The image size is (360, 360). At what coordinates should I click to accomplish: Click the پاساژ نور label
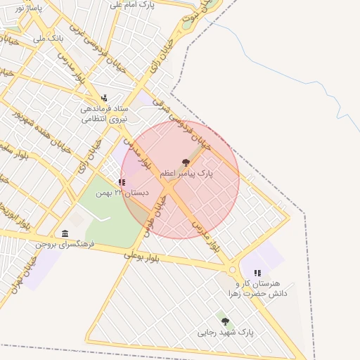point(28,8)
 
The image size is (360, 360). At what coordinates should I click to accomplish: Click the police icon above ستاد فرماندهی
point(104,98)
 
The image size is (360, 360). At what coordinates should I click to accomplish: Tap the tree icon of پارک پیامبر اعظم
point(186,162)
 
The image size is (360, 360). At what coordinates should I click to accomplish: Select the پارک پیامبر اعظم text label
point(186,173)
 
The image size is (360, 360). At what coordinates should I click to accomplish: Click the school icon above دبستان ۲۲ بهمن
point(122,182)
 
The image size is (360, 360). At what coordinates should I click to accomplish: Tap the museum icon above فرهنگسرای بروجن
point(65,233)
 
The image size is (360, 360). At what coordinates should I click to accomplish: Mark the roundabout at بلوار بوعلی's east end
point(232,270)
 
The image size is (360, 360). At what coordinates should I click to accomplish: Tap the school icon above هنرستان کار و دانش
point(257,272)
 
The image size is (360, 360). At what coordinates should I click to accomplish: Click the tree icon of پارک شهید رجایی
point(225,321)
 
